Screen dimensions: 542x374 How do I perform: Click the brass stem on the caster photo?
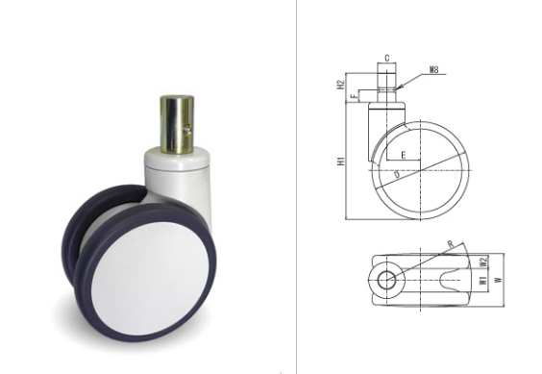177,125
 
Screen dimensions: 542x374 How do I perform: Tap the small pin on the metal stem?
187,129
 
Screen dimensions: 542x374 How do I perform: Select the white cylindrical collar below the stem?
177,160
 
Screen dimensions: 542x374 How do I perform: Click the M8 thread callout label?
433,69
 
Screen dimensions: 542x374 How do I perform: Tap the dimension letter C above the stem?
386,58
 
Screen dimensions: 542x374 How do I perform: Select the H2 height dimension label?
341,85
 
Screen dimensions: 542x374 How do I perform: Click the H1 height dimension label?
341,161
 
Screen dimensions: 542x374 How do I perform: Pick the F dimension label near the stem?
354,96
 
